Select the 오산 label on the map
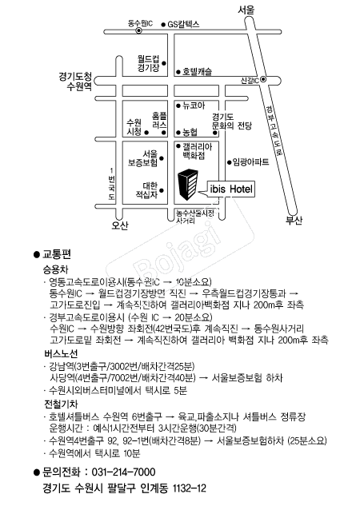tap(120, 225)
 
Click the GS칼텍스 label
tap(182, 26)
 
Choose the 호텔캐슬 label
tap(197, 72)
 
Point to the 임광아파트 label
tap(250, 161)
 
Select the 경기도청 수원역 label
tap(76, 81)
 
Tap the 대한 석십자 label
tap(149, 189)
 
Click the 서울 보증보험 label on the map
tap(149, 158)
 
